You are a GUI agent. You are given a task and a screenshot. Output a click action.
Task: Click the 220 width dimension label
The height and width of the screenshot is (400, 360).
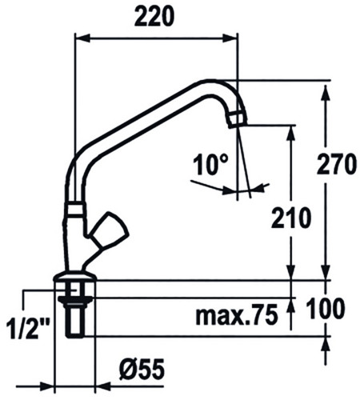point(154,16)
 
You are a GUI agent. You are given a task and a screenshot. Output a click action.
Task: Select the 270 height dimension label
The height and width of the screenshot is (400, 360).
point(336,164)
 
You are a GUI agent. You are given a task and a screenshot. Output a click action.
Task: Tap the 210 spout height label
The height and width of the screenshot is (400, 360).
point(291,218)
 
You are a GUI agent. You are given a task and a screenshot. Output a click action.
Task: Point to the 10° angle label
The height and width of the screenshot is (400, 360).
point(210,165)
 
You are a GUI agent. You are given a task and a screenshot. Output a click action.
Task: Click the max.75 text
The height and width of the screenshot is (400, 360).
point(237,315)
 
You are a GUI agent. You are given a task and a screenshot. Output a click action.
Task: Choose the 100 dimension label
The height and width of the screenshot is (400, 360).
point(326,309)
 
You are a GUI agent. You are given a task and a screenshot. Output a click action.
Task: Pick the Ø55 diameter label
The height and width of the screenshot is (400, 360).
point(142,370)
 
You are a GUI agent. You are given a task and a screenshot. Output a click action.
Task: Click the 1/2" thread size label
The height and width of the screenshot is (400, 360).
point(28,329)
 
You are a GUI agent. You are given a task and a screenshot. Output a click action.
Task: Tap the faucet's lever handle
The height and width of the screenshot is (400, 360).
point(108,230)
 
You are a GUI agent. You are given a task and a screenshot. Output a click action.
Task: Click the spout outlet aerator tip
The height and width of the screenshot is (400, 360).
point(238,119)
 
